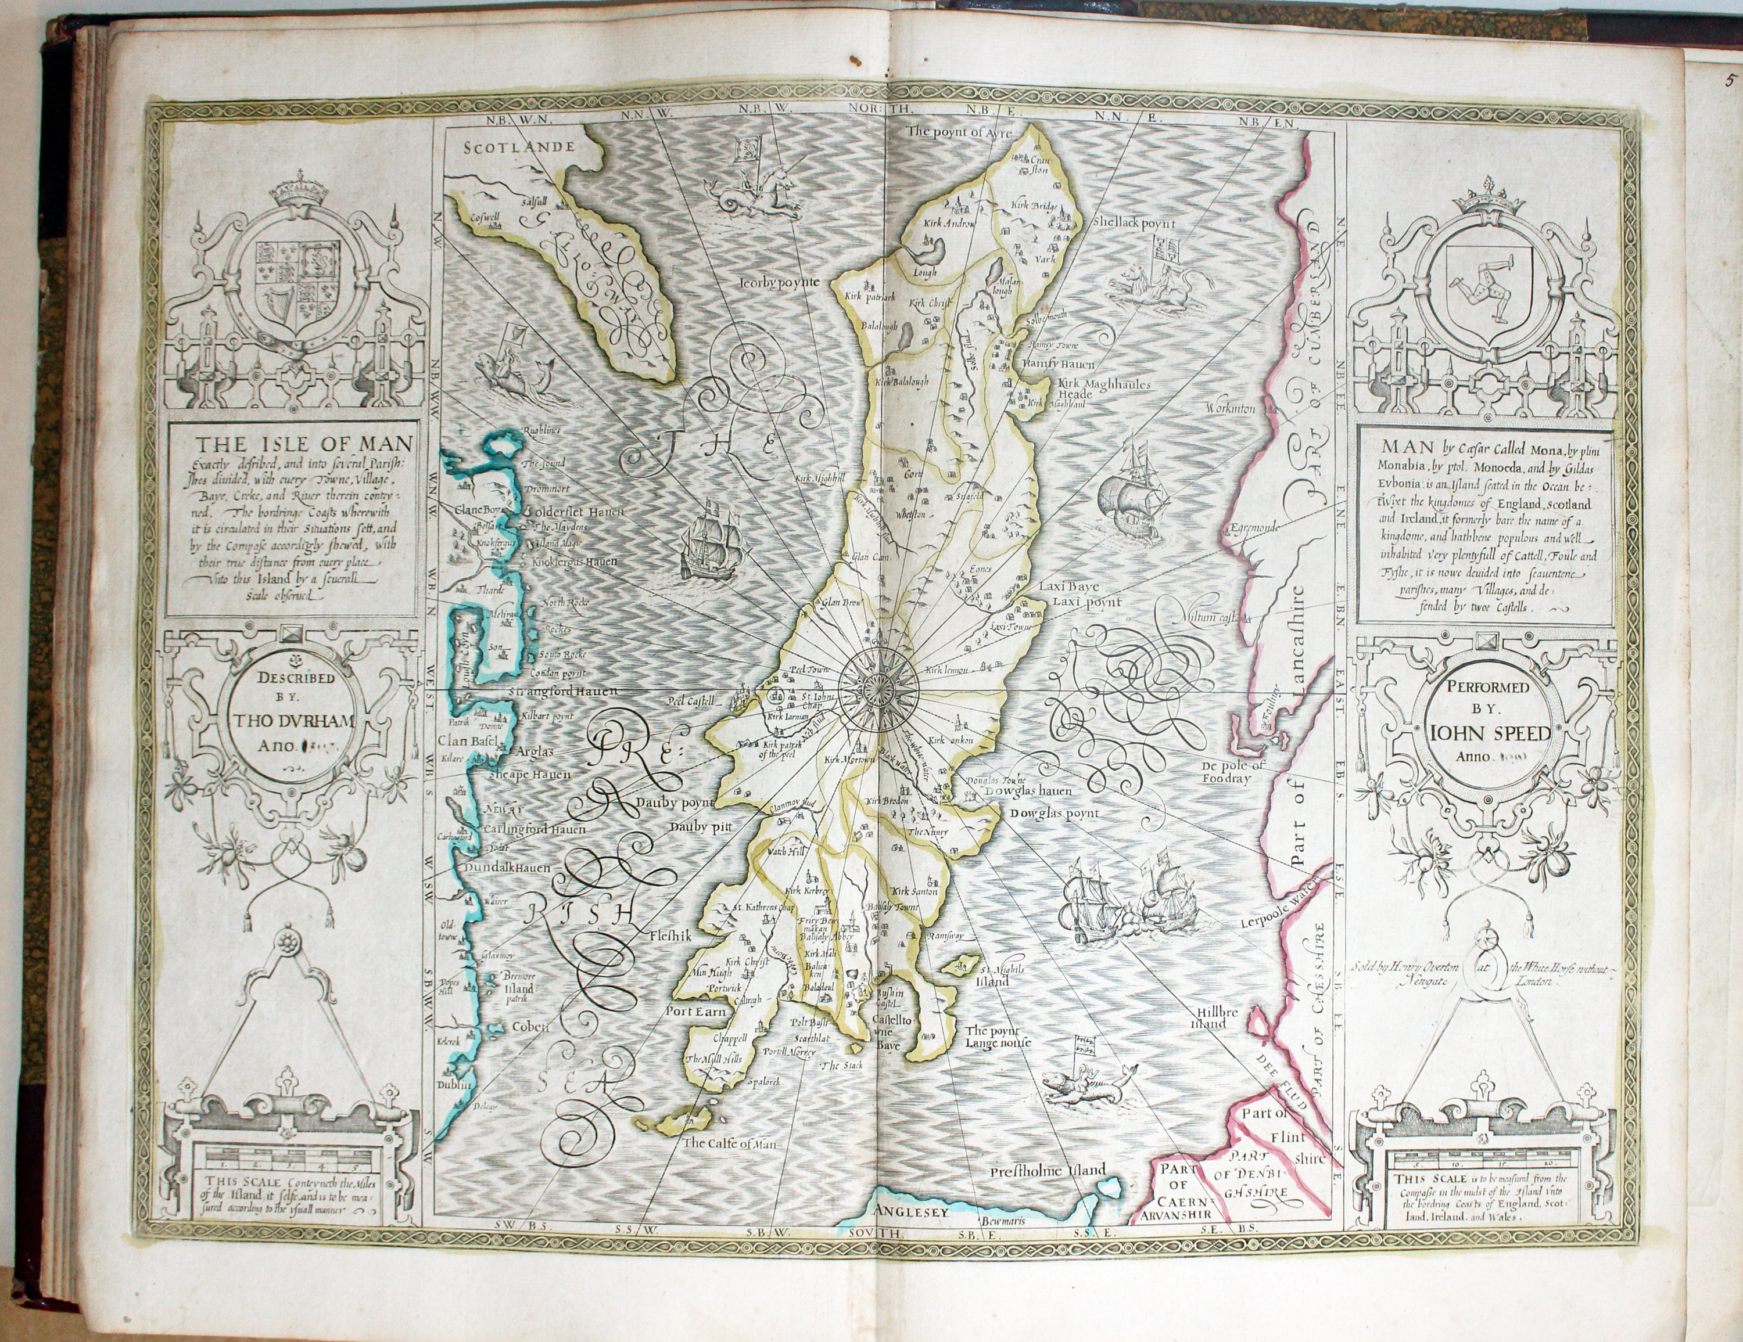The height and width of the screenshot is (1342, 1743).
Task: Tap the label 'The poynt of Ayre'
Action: (x=959, y=132)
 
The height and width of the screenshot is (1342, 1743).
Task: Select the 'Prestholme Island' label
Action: (x=1048, y=1171)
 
